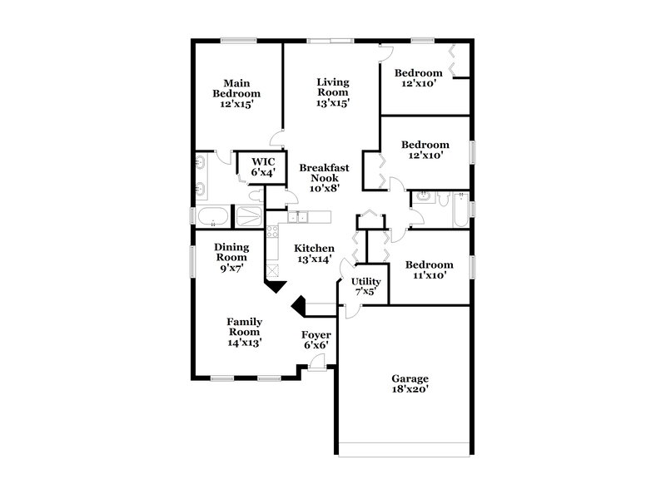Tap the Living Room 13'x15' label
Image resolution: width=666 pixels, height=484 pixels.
[332, 92]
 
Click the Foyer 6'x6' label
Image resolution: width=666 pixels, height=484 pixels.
[316, 340]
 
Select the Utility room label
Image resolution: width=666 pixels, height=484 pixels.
[365, 287]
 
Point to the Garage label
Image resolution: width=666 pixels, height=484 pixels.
[410, 382]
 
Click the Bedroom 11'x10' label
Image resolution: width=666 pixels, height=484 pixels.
[429, 270]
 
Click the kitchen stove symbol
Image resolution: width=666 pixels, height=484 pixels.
[273, 234]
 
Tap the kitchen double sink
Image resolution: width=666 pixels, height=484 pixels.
[299, 218]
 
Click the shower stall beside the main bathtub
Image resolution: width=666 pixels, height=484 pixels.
[247, 218]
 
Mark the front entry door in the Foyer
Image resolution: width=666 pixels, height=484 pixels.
[316, 363]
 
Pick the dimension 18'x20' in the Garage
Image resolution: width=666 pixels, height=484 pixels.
[410, 388]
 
